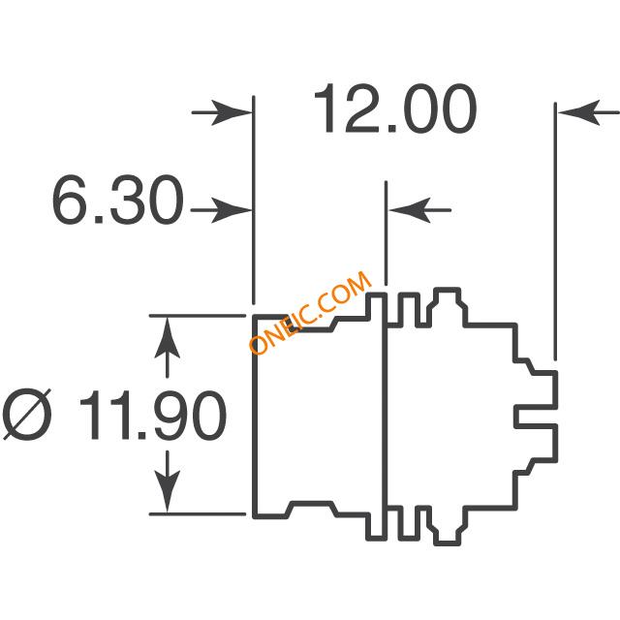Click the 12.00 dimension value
395,108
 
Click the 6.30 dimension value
118,200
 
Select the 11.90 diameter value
153,416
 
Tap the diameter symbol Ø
27,415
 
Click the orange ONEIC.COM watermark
310,313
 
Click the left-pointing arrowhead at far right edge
578,112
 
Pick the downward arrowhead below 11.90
168,491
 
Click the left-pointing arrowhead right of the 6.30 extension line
410,210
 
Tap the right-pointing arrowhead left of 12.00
232,112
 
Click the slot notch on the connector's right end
536,416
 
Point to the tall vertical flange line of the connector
386,417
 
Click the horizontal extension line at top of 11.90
198,316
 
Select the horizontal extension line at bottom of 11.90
198,514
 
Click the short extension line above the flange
386,232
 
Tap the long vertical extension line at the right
555,232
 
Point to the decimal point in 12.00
391,128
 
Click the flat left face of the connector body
255,417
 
